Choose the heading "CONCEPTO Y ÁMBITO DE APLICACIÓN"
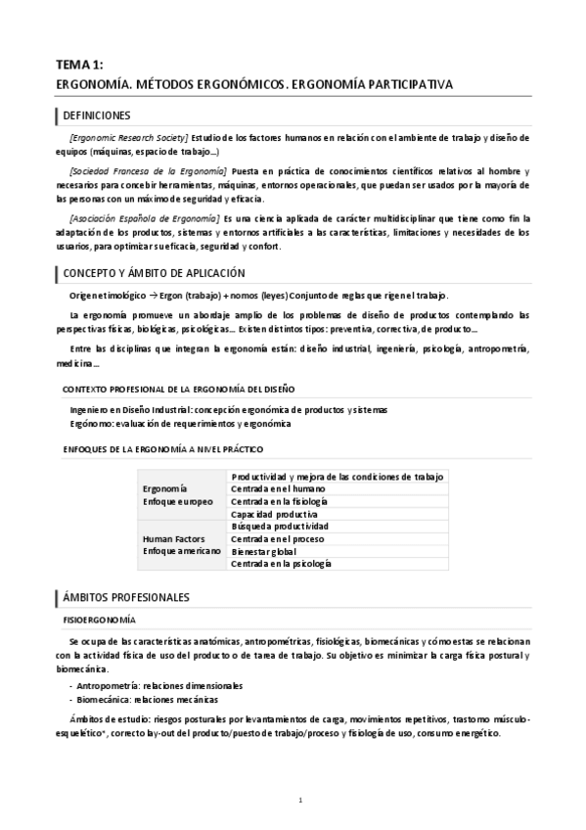(x=153, y=273)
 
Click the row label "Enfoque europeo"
(x=177, y=500)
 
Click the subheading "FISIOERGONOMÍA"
(x=100, y=621)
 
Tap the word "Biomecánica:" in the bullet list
(x=108, y=700)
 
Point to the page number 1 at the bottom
(x=301, y=800)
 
